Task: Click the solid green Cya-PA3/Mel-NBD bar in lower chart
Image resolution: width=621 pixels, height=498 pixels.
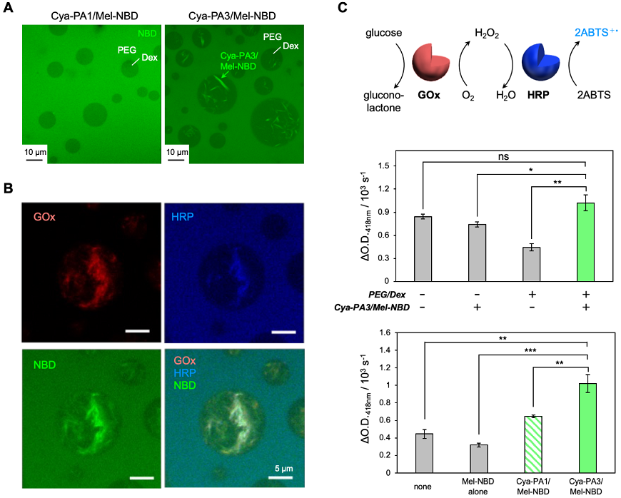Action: pyautogui.click(x=585, y=428)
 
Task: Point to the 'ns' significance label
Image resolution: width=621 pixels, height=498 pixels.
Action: pyautogui.click(x=504, y=153)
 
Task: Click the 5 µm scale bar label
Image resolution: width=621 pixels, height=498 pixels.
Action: pyautogui.click(x=286, y=468)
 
